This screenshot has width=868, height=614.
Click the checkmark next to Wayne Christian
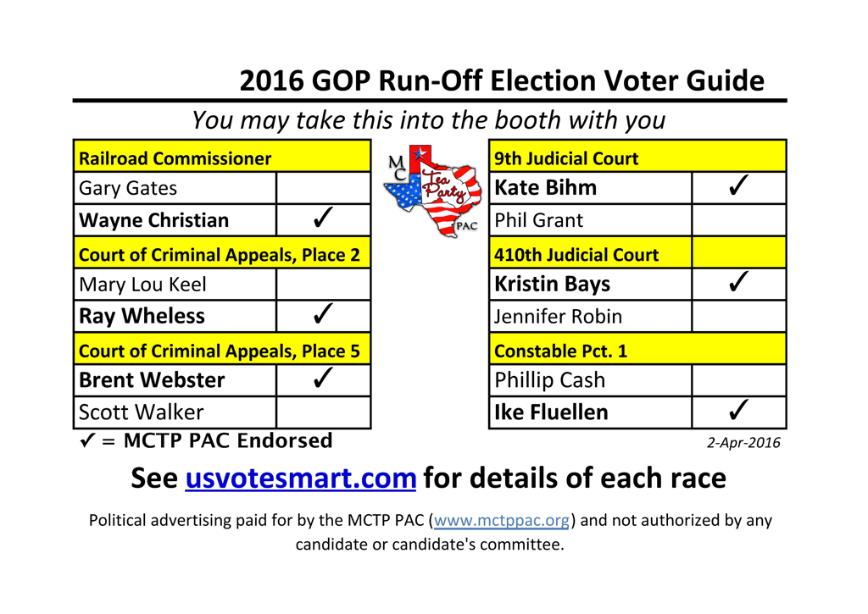tap(323, 218)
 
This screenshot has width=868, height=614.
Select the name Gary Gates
tap(128, 189)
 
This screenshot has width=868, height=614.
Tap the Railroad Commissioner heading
tap(175, 158)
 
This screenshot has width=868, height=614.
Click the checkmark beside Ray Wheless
tap(323, 313)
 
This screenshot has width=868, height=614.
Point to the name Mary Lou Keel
tap(142, 285)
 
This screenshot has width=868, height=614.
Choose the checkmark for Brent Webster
tap(323, 378)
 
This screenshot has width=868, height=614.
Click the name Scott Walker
tap(142, 412)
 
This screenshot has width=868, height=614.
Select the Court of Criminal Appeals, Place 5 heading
tap(220, 351)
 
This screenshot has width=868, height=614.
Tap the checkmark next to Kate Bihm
tap(738, 185)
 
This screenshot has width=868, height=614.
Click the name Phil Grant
tap(538, 220)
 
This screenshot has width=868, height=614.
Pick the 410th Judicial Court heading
tap(576, 254)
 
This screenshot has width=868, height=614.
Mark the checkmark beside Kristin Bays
tap(738, 281)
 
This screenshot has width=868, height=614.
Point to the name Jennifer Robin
tap(558, 317)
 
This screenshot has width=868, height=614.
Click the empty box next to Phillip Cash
tap(738, 380)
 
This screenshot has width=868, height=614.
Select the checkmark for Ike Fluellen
tap(738, 410)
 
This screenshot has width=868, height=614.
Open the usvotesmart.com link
tap(301, 478)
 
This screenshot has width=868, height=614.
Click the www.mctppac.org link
tap(502, 521)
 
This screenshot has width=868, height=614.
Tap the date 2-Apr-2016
tap(743, 443)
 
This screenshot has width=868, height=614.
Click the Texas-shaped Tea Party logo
tap(432, 191)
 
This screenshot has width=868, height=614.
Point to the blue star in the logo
tap(420, 153)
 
